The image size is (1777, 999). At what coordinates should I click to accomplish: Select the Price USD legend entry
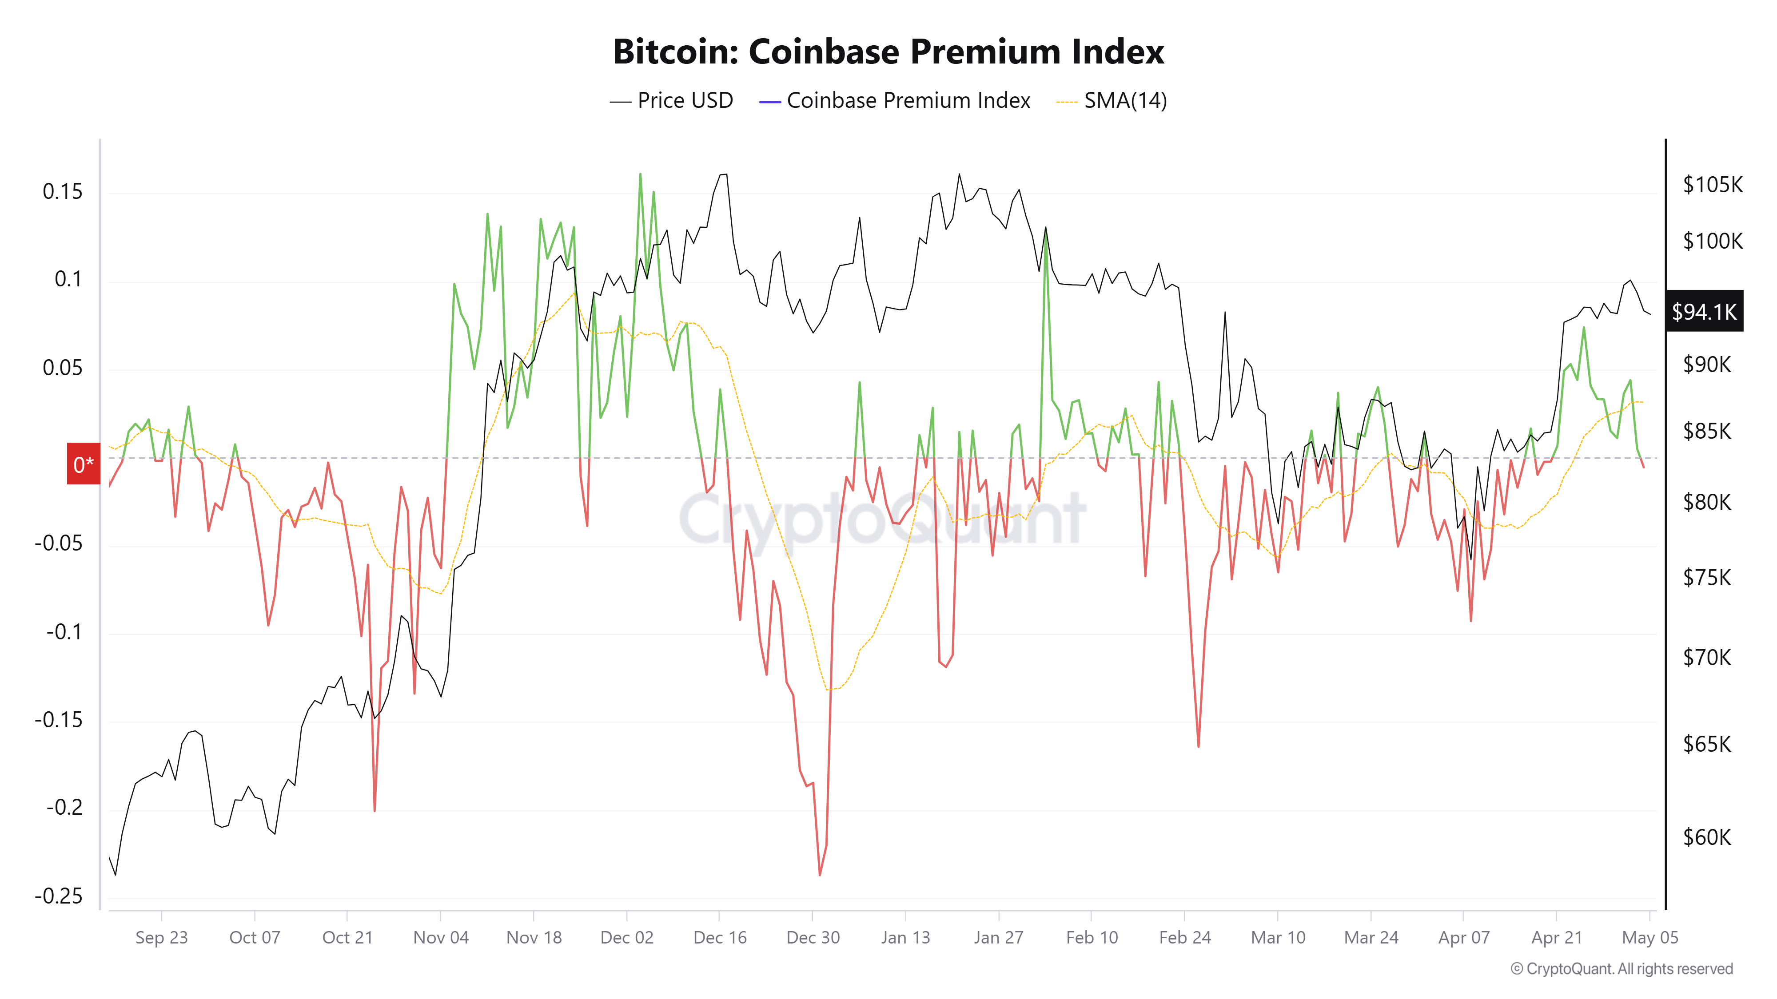(671, 101)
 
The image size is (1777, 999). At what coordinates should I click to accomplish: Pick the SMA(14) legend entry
(1112, 101)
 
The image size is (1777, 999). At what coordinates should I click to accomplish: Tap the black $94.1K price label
(1703, 312)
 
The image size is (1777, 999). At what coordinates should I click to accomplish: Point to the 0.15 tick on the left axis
(62, 192)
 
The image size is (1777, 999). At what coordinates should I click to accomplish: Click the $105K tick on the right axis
(1712, 185)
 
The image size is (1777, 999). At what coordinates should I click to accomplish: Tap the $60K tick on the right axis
(1707, 837)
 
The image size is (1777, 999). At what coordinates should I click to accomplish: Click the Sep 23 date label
(161, 938)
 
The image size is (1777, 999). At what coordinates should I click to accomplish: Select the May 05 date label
(1650, 938)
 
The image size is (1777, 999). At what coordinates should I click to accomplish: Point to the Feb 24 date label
(1184, 938)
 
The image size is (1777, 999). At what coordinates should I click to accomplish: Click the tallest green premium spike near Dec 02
(640, 174)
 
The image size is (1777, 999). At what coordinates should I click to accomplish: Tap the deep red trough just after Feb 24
(1198, 746)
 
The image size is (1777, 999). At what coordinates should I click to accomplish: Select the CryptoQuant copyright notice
(1621, 969)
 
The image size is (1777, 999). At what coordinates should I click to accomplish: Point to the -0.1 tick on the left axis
(64, 631)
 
